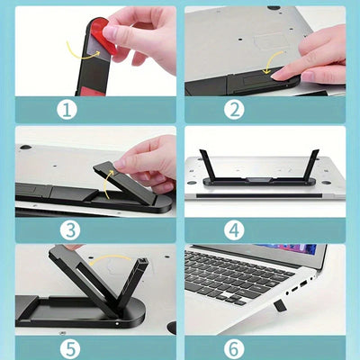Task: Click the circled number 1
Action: (67, 110)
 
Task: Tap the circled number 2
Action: (234, 110)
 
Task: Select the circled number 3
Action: (70, 230)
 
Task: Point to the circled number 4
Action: (234, 230)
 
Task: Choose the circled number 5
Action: (70, 349)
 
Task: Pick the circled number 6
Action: (234, 349)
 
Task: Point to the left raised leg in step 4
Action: (206, 164)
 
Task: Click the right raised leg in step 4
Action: (312, 164)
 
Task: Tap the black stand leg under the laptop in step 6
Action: (280, 305)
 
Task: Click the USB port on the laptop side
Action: (303, 283)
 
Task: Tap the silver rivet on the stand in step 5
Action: (117, 324)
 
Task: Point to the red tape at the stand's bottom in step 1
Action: (92, 92)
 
